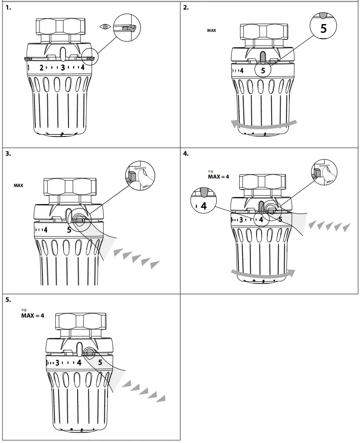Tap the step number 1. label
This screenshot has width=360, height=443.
pyautogui.click(x=8, y=7)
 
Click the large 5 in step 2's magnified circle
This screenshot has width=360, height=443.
pyautogui.click(x=323, y=28)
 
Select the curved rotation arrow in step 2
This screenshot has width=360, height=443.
pyautogui.click(x=264, y=125)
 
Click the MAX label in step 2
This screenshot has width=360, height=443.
pyautogui.click(x=211, y=30)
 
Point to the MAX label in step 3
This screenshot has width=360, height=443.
pyautogui.click(x=18, y=185)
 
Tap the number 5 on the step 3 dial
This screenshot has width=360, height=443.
pyautogui.click(x=69, y=230)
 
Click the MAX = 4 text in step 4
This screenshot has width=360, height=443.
pyautogui.click(x=218, y=177)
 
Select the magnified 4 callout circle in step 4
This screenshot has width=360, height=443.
pyautogui.click(x=203, y=200)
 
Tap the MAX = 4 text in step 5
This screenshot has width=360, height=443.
pyautogui.click(x=32, y=316)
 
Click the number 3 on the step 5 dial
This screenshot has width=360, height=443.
pyautogui.click(x=57, y=363)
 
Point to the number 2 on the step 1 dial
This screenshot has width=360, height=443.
pyautogui.click(x=42, y=68)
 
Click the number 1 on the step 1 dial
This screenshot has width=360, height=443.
pyautogui.click(x=28, y=68)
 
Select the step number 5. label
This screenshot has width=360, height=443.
pyautogui.click(x=8, y=299)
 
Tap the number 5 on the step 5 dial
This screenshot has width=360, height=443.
pyautogui.click(x=100, y=362)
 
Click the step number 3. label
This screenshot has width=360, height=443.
pyautogui.click(x=8, y=153)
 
